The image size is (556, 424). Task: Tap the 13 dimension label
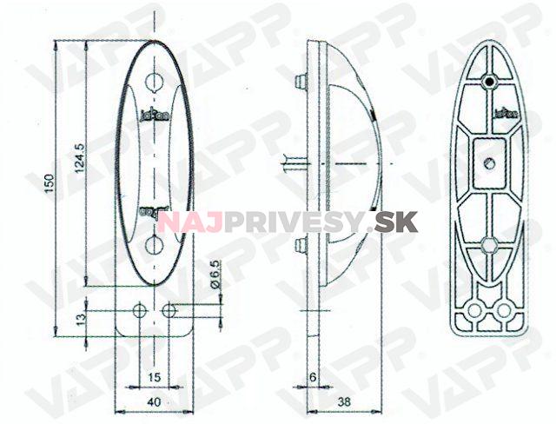tap(78, 319)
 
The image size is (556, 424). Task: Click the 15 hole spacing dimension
tap(153, 376)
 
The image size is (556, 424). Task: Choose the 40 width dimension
tap(153, 401)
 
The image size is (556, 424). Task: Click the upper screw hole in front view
tap(154, 83)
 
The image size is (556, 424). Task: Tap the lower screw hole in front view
tap(154, 243)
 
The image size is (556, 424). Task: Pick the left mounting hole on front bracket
tap(138, 309)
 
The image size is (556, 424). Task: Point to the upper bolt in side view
tap(301, 82)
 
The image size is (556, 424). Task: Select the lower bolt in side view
tap(301, 245)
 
